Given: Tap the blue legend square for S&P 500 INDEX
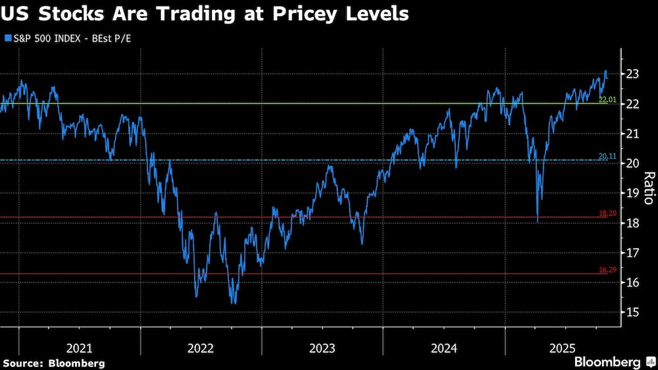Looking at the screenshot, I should click(x=7, y=39).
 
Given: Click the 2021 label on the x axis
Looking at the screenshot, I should click(x=80, y=348).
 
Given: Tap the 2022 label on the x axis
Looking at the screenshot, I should click(x=201, y=348).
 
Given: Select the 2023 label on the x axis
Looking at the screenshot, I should click(x=322, y=348).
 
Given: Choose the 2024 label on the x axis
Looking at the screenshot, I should click(x=444, y=348).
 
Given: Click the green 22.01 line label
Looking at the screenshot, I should click(x=607, y=99).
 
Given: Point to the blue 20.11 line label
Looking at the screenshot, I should click(x=607, y=156).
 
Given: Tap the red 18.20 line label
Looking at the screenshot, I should click(x=607, y=213).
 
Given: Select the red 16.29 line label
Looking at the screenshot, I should click(x=607, y=270).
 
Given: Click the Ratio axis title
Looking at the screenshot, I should click(x=648, y=188).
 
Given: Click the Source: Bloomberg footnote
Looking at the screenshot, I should click(x=53, y=363).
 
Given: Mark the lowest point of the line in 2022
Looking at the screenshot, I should click(x=233, y=303).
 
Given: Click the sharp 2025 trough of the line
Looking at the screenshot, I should click(x=538, y=222).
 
